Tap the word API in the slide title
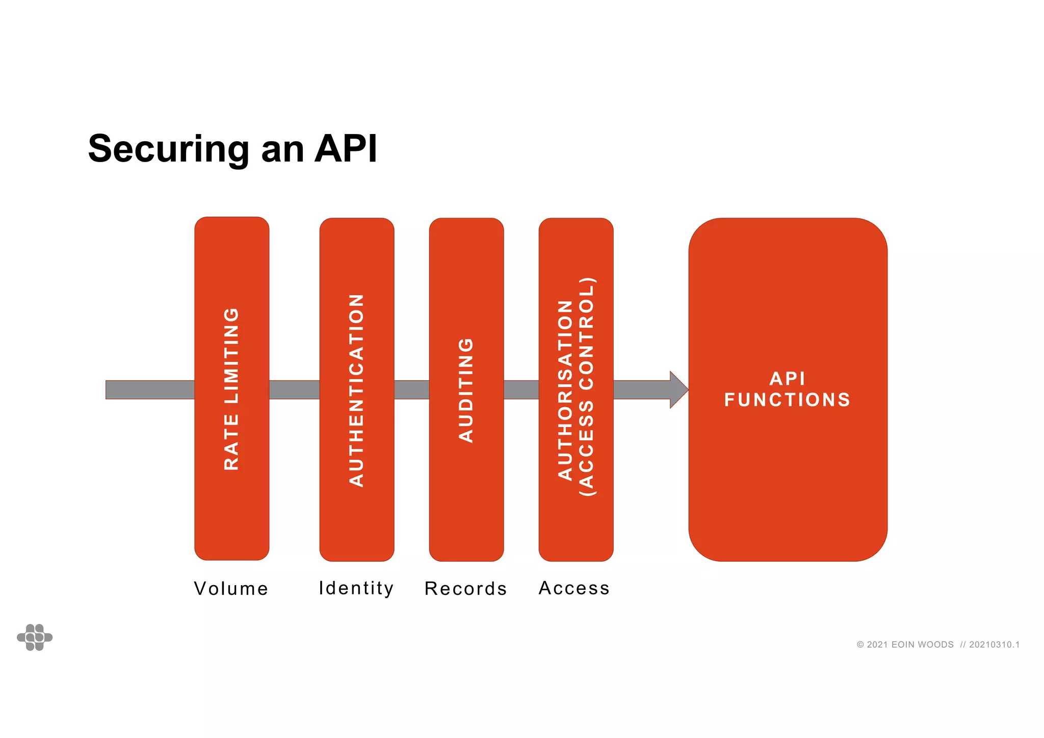[x=346, y=148]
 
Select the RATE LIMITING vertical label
[x=231, y=388]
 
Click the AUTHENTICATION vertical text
[x=356, y=390]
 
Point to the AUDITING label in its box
[x=466, y=390]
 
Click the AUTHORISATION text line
[x=565, y=390]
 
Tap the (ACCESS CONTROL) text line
[x=587, y=387]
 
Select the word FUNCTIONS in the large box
[x=787, y=400]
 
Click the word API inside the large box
[x=787, y=379]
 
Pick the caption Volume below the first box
[x=231, y=589]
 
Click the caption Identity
[x=356, y=588]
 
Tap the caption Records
[x=465, y=589]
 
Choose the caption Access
[x=574, y=588]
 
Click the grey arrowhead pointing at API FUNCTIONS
[x=678, y=390]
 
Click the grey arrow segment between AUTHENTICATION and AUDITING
[x=411, y=390]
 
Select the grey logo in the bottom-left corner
[x=35, y=637]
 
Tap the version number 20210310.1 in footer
[x=994, y=645]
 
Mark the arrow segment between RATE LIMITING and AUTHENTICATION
[x=294, y=390]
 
